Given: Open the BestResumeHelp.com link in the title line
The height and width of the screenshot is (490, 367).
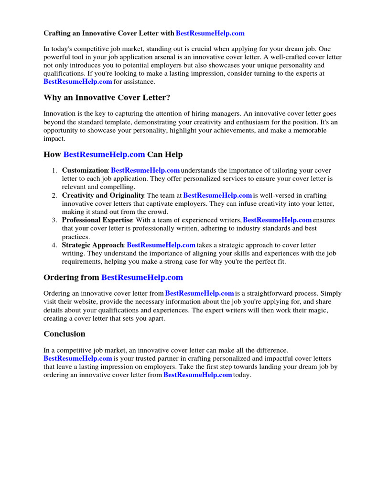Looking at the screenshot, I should click(210, 33).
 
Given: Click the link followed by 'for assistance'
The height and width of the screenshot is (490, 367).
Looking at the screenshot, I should click(77, 81).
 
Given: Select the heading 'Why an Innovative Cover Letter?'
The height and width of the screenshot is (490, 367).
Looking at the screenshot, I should click(107, 98).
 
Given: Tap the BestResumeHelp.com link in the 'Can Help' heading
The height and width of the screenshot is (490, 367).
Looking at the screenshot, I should click(104, 155).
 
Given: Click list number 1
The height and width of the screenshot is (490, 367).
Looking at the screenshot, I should click(54, 170).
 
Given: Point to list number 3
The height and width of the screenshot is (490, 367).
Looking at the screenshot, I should click(54, 220).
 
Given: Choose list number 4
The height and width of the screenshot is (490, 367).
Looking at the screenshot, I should click(54, 245).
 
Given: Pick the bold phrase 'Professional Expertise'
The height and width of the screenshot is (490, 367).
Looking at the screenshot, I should click(97, 220).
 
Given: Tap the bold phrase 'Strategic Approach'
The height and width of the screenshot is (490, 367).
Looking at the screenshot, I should click(93, 245).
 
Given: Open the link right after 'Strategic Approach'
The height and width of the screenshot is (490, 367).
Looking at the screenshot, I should click(161, 245).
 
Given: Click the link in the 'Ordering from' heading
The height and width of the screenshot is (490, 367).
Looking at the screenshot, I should click(142, 278).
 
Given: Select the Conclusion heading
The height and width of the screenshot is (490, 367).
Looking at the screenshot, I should click(65, 334).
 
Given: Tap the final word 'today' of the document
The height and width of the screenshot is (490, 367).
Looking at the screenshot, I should click(241, 375).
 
